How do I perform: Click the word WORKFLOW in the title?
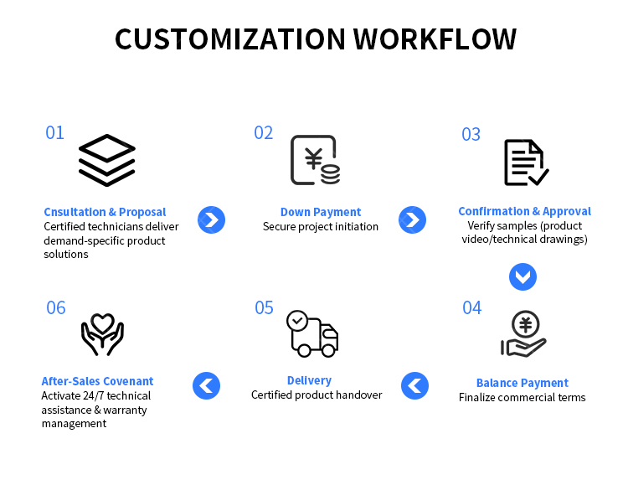pos(435,39)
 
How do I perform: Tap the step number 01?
pos(55,132)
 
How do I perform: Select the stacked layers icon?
pos(107,160)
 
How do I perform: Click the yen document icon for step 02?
pos(315,160)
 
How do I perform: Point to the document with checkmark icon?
pos(527,163)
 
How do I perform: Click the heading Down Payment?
pos(321,212)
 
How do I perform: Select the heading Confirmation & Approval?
pos(525,211)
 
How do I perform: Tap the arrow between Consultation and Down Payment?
pos(212,219)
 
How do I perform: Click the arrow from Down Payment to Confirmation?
pos(412,219)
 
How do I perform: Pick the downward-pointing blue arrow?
pos(522,276)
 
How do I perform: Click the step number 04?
pos(471,307)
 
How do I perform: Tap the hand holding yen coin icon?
pos(523,334)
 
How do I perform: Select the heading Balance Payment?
pos(522,383)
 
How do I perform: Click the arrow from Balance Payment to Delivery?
pos(415,385)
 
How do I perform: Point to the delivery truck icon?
pos(312,333)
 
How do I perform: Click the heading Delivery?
pos(309,380)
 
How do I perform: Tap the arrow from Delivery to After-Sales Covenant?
pos(206,385)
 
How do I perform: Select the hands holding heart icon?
pos(102,334)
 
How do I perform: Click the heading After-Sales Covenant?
pos(97,381)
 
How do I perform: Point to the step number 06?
pos(55,307)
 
